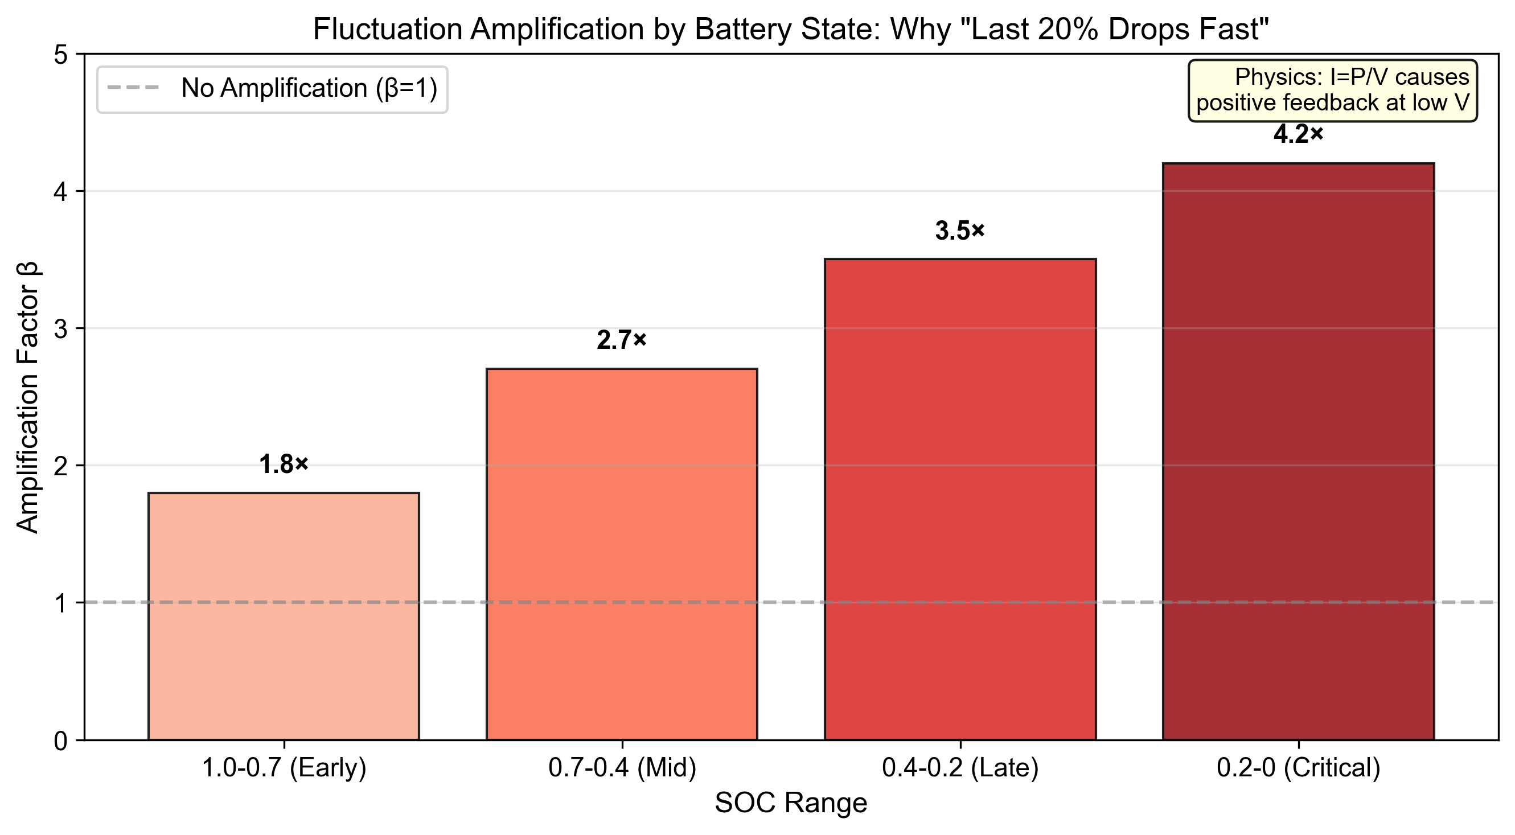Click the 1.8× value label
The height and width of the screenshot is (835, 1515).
point(284,464)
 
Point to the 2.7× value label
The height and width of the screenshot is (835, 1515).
point(622,340)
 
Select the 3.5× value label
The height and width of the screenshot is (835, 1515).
point(960,231)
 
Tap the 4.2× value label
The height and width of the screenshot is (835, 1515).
point(1298,135)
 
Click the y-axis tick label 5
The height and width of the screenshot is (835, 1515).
point(60,55)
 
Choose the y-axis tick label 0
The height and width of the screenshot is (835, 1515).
point(60,741)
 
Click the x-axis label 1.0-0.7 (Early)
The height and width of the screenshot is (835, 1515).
point(284,768)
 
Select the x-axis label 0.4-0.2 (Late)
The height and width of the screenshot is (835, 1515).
point(960,768)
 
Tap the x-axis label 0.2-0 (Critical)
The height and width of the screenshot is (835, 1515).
point(1298,768)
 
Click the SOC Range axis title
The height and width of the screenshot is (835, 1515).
point(790,803)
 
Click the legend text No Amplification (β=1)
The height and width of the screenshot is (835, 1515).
point(309,89)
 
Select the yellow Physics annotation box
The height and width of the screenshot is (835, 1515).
point(1332,91)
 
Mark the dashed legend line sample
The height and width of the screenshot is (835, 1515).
point(133,89)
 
